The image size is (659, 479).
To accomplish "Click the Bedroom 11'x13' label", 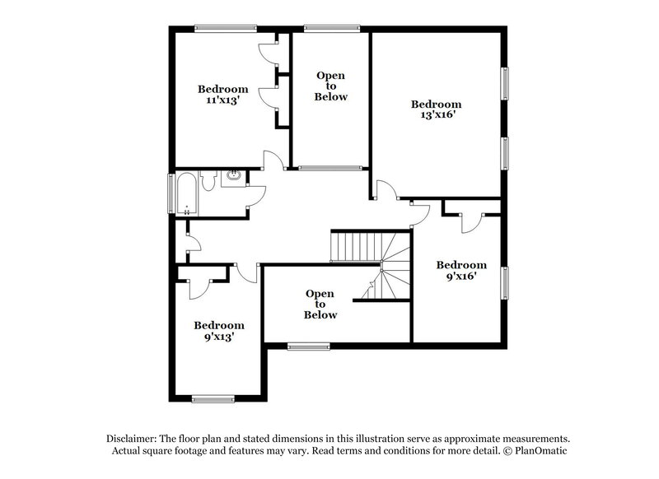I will pos(222,94).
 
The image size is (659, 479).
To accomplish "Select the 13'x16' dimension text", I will pos(436,115).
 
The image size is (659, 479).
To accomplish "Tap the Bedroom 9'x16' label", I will pos(460,270).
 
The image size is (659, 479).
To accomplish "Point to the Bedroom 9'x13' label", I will pos(219,330).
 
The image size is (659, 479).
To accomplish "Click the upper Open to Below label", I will pos(331,86).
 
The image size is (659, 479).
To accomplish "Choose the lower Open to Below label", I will pos(320,304).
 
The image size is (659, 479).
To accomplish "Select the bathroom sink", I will pos(234,175).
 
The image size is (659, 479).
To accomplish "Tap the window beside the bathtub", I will pos(171,193).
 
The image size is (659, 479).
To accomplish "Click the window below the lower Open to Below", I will pos(309,346).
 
